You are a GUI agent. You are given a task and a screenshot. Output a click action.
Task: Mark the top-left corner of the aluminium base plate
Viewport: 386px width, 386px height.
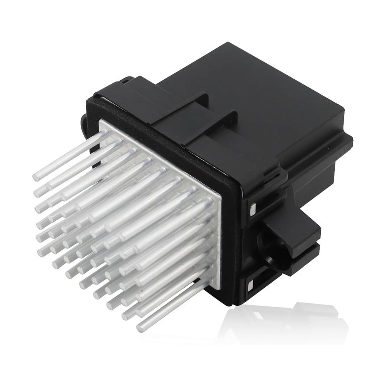(x=101, y=120)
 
